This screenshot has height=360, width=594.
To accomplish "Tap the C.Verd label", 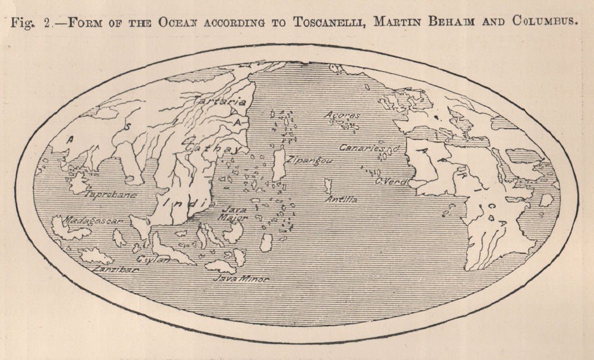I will point(389,182).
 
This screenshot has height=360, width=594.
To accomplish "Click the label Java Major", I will point(234,213).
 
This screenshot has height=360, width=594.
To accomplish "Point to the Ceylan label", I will point(153,260).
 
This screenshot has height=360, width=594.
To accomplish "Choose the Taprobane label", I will point(111,194).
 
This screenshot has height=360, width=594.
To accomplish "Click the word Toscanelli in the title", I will point(327,22).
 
